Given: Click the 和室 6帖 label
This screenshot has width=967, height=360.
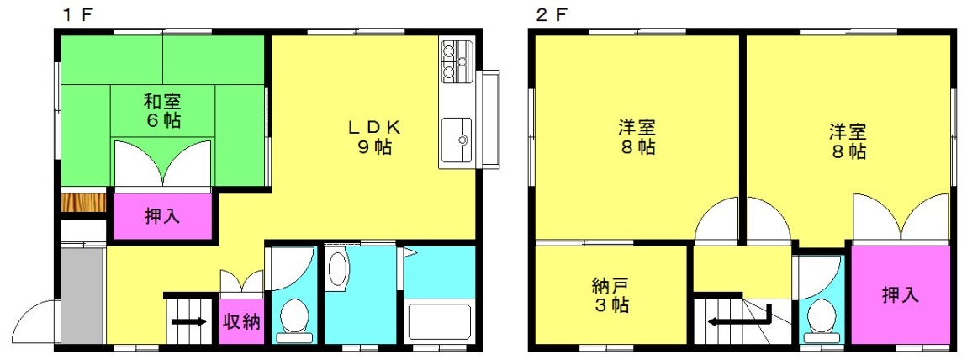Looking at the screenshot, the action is coord(163,109).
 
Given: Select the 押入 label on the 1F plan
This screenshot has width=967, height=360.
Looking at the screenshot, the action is coord(162,216).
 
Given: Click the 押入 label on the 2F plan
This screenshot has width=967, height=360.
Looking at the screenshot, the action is coord(900,294).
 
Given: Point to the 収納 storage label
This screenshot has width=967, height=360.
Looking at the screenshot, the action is coord(240,322).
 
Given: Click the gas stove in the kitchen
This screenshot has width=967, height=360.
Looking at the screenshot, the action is coord(457,61).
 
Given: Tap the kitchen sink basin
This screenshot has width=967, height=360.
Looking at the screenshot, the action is coord(456,132).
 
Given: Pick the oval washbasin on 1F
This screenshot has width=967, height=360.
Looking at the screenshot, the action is coord(338,269).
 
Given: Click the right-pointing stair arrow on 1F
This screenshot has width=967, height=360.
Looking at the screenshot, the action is coord(189,321).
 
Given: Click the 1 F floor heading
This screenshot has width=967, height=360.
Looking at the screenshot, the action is coord(77,15).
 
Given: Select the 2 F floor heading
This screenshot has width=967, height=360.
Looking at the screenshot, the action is coord(551,15).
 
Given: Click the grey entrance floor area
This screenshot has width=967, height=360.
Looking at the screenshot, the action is coord(82,294).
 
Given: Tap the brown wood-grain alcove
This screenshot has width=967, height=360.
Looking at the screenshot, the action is coord(84,203).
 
